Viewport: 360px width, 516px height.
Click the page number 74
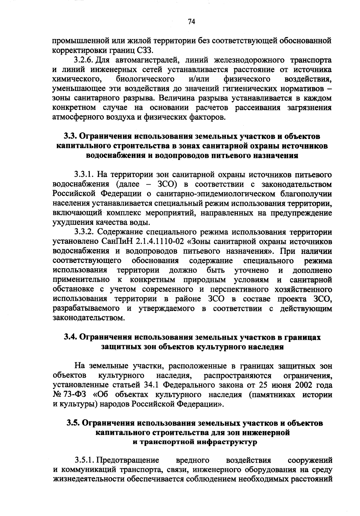point(191,21)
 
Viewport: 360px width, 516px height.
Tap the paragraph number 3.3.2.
point(85,232)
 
